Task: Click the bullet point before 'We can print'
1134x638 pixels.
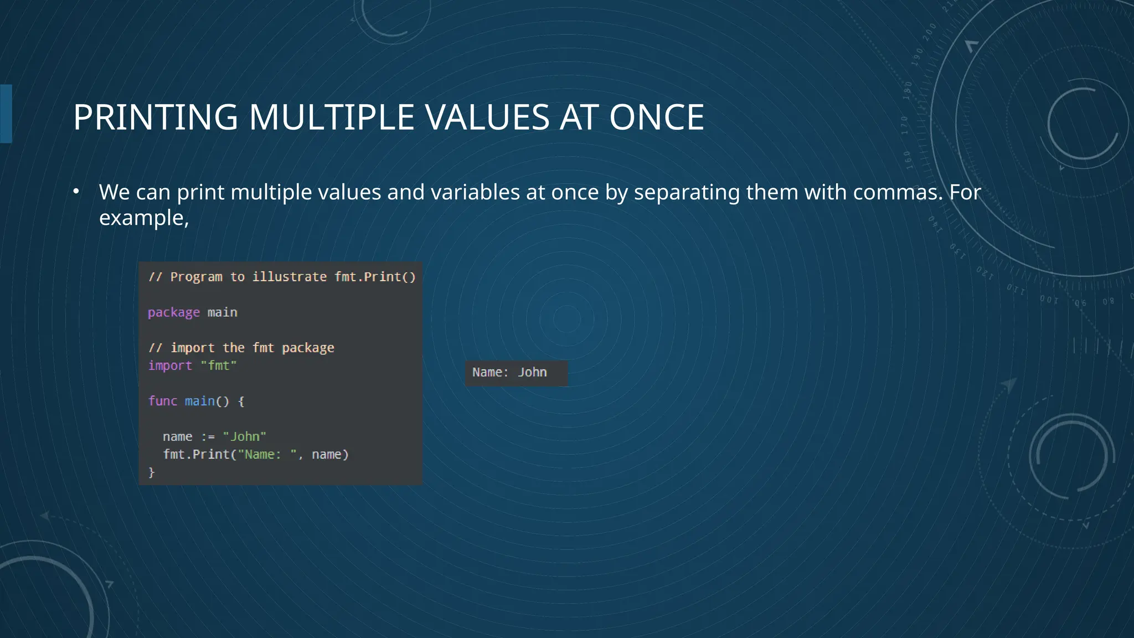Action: pos(76,192)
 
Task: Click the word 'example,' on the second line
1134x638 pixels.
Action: pos(144,218)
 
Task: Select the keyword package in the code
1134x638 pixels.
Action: pos(173,312)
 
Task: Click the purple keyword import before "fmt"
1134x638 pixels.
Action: pos(170,366)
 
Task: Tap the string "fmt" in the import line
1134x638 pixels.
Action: pos(219,366)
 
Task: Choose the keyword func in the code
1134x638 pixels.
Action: pos(162,401)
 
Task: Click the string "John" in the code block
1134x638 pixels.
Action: pos(244,436)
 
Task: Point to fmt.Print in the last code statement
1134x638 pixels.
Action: pos(195,455)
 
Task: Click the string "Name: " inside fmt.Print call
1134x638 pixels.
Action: pos(267,455)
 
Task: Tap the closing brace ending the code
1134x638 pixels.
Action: pos(151,472)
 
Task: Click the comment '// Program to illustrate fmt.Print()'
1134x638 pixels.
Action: pos(281,277)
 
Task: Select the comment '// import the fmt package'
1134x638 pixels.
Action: pos(241,348)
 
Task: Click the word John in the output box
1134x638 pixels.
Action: pos(532,372)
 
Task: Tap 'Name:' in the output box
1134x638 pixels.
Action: pos(490,372)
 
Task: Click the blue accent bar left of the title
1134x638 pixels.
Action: pos(6,114)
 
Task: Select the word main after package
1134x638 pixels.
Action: pos(222,312)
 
